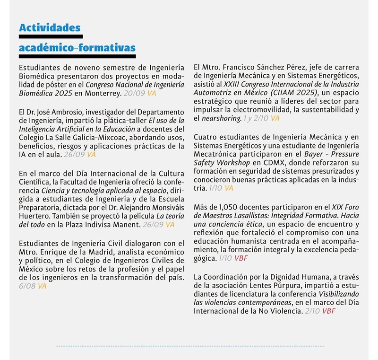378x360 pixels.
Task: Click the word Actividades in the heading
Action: click(50, 28)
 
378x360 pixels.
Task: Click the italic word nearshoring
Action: click(222, 119)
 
